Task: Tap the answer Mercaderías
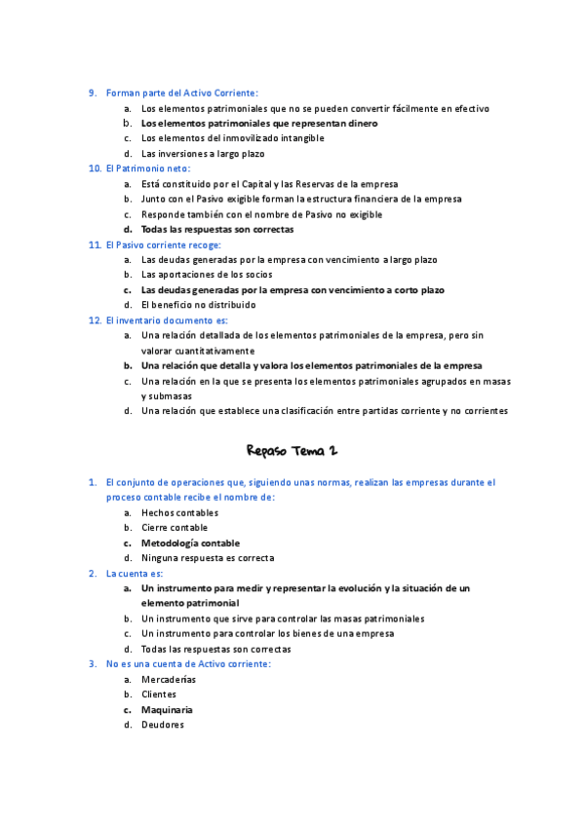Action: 169,679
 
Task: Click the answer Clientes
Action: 159,695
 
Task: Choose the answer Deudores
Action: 163,725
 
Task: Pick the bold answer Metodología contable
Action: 190,544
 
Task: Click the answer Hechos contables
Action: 179,512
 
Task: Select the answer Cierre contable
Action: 175,528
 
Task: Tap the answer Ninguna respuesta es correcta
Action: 208,558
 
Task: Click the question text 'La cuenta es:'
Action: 135,574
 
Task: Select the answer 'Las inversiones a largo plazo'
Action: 203,154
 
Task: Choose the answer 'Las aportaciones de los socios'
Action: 207,275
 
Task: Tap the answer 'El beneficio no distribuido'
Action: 199,305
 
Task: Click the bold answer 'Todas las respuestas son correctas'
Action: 217,230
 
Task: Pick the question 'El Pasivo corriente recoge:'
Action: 164,244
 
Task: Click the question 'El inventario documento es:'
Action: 167,319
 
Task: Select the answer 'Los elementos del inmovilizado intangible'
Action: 233,138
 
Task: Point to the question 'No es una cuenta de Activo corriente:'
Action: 188,663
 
